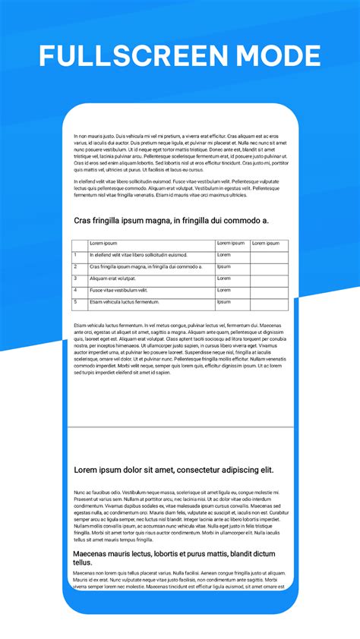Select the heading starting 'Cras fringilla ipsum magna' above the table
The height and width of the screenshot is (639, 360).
click(x=171, y=220)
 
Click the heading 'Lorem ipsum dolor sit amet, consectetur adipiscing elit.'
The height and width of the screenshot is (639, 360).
click(x=174, y=470)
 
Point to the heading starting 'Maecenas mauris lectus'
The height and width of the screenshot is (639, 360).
click(x=174, y=558)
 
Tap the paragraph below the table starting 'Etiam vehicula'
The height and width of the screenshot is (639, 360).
click(x=180, y=348)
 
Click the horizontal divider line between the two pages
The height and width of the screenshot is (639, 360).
click(x=180, y=427)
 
